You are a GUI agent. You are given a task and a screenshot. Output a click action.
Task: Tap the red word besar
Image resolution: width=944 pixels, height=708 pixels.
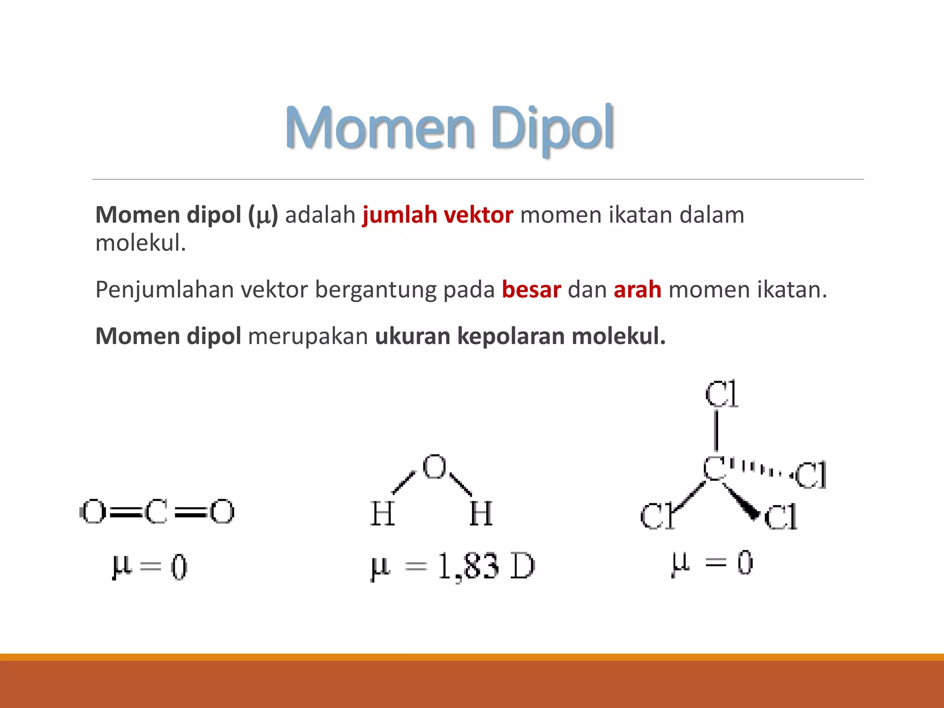(x=531, y=290)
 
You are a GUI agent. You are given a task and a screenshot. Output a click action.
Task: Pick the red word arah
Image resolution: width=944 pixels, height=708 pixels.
(x=637, y=290)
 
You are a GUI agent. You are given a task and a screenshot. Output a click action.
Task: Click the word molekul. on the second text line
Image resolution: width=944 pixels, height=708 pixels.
(x=141, y=243)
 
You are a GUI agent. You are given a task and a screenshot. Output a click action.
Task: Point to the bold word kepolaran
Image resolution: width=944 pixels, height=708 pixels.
(x=511, y=336)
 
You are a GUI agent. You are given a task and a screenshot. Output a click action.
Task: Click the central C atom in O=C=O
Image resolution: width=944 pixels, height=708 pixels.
(x=156, y=512)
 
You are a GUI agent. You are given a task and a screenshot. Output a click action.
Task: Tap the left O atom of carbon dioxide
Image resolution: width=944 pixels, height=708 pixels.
(x=94, y=512)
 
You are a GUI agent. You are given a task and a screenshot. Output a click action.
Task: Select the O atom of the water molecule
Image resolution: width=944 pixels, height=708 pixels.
(x=435, y=467)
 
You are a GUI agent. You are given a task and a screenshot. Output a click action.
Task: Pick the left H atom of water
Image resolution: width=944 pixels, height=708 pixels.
(x=383, y=513)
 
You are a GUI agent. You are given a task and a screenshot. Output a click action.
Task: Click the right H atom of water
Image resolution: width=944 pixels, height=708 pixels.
(x=481, y=513)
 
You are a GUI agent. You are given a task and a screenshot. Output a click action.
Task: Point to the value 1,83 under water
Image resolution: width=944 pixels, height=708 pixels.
(x=468, y=566)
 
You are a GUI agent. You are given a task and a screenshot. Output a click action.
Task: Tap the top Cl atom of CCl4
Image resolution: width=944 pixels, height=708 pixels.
(x=721, y=394)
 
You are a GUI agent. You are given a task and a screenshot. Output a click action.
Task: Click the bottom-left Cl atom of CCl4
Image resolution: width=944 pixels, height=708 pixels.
(x=657, y=516)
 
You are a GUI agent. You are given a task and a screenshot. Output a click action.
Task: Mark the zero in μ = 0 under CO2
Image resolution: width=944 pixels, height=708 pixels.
(x=179, y=567)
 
